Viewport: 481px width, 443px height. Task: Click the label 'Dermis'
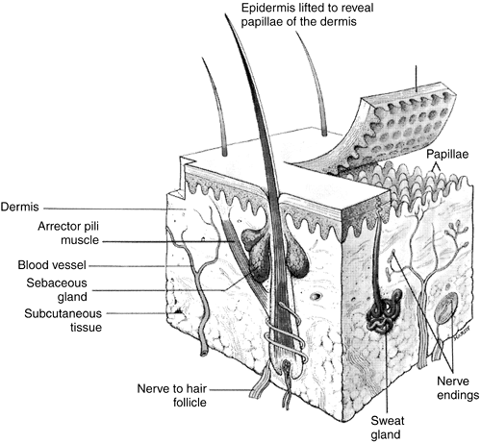[x=19, y=207]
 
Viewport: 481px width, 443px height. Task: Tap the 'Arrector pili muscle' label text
[x=68, y=233]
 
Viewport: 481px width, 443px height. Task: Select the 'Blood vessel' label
[x=52, y=265]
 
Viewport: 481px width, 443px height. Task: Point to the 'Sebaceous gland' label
[x=57, y=289]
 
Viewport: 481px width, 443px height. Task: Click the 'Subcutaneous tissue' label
[x=63, y=320]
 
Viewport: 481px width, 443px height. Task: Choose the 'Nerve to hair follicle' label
[x=172, y=395]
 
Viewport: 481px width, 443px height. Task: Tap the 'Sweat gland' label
[x=388, y=427]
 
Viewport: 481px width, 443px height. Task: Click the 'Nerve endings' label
[x=458, y=388]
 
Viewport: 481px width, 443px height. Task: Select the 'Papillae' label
[x=447, y=154]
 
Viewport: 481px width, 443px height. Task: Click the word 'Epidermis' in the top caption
[x=267, y=8]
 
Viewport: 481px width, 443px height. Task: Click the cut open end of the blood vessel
[x=204, y=353]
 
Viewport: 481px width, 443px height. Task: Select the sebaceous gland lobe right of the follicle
[x=297, y=258]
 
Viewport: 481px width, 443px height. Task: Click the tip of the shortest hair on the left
[x=202, y=58]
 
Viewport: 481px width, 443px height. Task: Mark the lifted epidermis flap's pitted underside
[x=407, y=135]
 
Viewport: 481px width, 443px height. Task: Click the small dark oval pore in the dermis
[x=316, y=296]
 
